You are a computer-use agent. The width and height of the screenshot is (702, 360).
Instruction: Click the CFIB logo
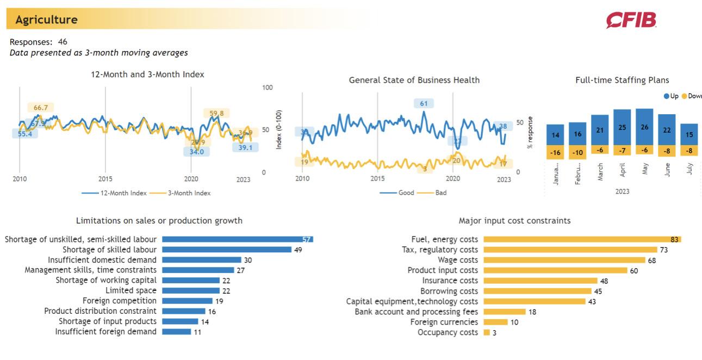(631, 20)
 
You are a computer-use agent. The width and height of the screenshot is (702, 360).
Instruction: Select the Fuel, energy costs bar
(582, 239)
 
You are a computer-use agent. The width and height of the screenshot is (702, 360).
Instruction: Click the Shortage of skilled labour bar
(227, 250)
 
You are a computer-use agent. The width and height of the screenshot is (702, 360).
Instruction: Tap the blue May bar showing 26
(644, 127)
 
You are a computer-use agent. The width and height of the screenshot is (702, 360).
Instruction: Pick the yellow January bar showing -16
(555, 153)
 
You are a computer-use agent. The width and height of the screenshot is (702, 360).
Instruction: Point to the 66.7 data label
(41, 108)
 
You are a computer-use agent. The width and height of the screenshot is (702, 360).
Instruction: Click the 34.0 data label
(196, 152)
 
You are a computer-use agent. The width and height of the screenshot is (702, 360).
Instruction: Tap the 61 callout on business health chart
(424, 103)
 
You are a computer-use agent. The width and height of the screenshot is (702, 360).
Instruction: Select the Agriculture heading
(46, 20)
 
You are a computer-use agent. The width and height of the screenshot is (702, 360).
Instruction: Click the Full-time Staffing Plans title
(622, 80)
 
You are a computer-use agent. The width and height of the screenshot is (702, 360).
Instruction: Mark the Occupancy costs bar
(487, 332)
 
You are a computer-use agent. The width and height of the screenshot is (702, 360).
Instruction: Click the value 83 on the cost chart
(675, 239)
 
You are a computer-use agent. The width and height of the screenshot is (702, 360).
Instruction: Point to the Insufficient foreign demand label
(105, 332)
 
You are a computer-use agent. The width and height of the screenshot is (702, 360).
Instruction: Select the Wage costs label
(458, 260)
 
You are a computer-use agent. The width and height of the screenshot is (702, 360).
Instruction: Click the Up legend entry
(671, 96)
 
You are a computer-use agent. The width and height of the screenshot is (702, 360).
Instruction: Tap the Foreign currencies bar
(495, 322)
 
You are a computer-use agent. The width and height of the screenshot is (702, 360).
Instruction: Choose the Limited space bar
(190, 291)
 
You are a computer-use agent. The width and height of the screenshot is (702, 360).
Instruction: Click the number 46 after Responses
(63, 42)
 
